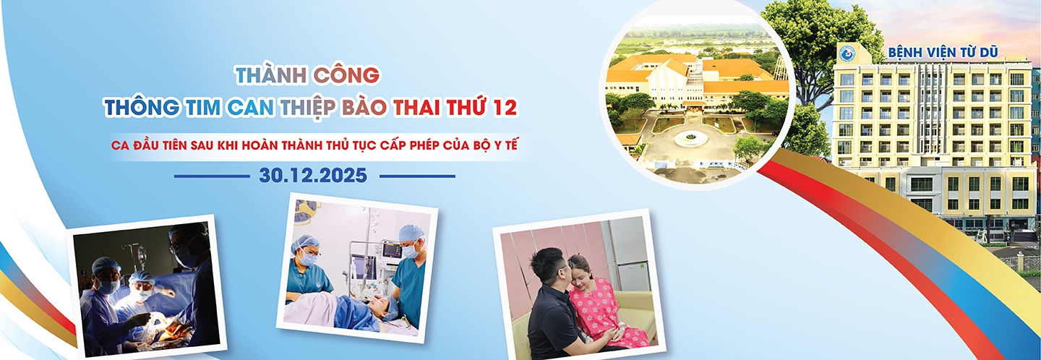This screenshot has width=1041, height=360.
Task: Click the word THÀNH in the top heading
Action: [270, 74]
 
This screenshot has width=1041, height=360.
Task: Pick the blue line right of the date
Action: [417, 176]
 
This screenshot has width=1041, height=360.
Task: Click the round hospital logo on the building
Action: [846, 53]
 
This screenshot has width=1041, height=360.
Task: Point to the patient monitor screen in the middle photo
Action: [391, 250]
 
